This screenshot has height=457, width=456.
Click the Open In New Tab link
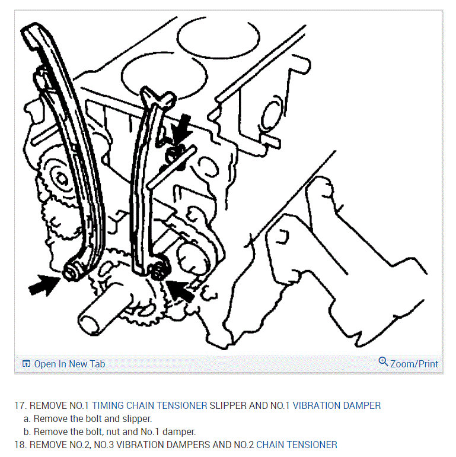pos(69,364)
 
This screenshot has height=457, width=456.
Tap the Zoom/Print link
pos(414,364)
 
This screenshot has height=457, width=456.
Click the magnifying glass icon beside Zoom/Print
pos(383,361)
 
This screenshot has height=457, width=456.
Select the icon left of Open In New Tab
pos(26,364)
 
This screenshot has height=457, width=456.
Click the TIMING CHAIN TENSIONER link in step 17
pos(149,405)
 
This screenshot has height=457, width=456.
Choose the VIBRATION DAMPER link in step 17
pos(337,405)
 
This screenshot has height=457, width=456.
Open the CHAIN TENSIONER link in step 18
pos(296,445)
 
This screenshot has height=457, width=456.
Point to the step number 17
pos(20,405)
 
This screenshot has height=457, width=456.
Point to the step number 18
pos(20,445)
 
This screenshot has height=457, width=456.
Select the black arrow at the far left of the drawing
pos(44,285)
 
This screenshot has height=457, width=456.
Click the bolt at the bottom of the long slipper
pos(71,272)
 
